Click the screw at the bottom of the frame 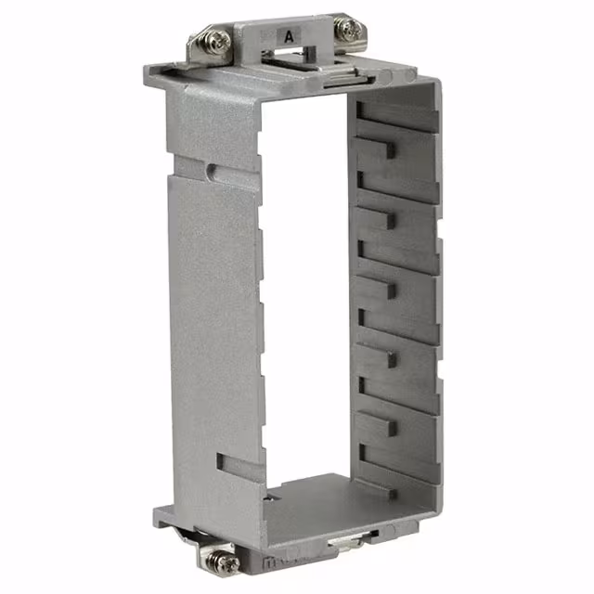221,558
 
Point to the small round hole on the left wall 213,170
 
